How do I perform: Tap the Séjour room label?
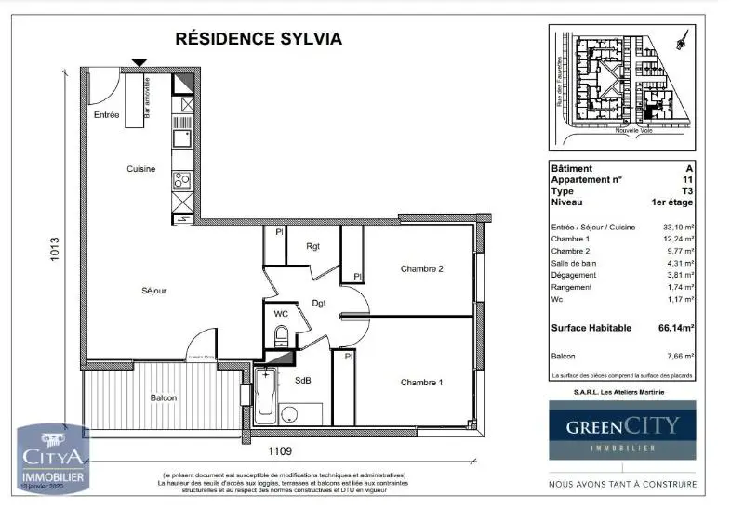point(153,291)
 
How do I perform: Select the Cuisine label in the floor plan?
point(141,168)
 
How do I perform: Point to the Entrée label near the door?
point(107,115)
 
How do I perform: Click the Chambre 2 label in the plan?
point(422,269)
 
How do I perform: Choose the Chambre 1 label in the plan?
point(422,383)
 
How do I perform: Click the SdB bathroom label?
point(303,381)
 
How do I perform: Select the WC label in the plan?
point(281,315)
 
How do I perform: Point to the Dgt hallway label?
point(318,302)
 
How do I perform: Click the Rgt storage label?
point(313,246)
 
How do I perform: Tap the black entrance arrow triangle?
point(139,63)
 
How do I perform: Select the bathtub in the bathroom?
point(267,397)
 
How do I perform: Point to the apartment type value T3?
point(687,190)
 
